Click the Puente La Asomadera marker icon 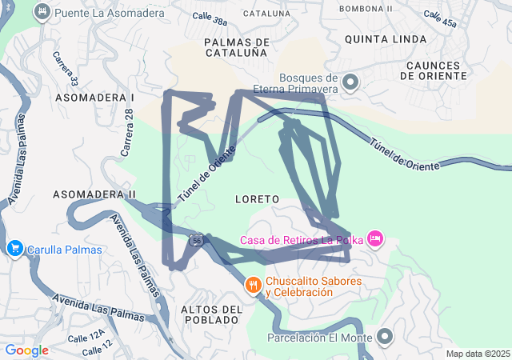click(43, 12)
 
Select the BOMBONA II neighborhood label click(366, 8)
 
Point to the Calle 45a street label click(441, 19)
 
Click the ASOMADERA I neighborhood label click(94, 97)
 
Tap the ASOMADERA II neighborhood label click(94, 194)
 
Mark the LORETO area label click(257, 198)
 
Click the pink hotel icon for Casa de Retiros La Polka click(376, 238)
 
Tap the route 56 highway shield click(196, 239)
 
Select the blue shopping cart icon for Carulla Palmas click(14, 249)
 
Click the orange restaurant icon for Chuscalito click(254, 286)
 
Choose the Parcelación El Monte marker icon click(385, 337)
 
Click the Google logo click(26, 350)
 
